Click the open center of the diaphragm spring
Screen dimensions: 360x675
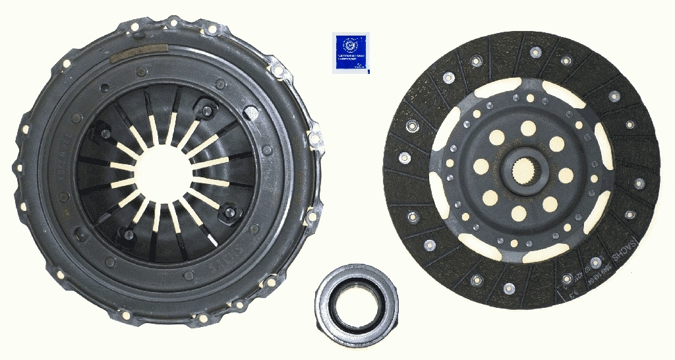165,174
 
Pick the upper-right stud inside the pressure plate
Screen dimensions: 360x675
208,110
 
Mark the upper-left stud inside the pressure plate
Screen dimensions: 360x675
104,134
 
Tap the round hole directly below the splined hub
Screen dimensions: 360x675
519,212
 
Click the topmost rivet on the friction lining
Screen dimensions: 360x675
535,50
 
